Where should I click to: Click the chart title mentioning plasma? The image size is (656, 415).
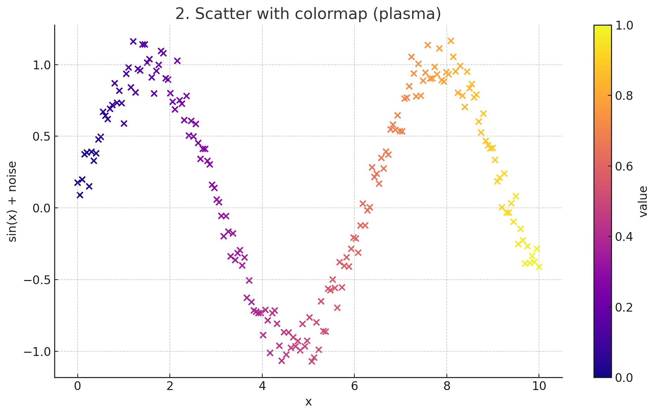308,14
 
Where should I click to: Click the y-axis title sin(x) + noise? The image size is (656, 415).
13,202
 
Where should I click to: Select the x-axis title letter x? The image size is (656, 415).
308,402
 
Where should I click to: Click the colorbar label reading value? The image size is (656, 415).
643,202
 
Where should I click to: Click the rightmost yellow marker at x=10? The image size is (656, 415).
539,267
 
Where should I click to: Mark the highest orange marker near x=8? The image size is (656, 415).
451,41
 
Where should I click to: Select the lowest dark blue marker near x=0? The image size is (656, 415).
80,195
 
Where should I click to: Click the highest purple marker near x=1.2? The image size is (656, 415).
133,41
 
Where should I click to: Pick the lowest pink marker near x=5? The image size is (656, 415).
312,361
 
